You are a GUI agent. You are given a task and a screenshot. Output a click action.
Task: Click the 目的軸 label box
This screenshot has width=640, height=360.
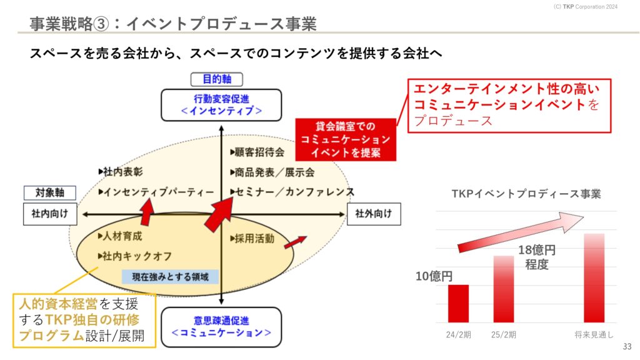click(x=217, y=79)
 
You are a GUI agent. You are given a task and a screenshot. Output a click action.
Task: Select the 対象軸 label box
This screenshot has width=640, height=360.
click(x=50, y=192)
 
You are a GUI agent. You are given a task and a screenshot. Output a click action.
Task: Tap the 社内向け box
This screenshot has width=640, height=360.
click(x=50, y=214)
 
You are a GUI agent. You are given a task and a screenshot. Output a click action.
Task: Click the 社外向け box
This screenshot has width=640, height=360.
click(x=374, y=214)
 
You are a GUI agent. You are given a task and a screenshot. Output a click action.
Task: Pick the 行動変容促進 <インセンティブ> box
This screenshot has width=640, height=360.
click(x=221, y=105)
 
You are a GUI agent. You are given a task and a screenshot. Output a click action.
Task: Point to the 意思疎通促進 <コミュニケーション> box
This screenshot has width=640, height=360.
click(x=221, y=327)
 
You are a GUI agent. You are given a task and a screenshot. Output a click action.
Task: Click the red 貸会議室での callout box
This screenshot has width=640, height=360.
click(x=346, y=139)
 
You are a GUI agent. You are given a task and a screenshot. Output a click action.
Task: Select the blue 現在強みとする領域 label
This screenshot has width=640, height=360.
click(x=170, y=277)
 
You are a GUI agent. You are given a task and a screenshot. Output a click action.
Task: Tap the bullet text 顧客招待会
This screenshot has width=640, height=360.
click(x=257, y=152)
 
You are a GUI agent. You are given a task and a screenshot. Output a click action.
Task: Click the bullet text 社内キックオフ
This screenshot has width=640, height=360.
click(x=135, y=256)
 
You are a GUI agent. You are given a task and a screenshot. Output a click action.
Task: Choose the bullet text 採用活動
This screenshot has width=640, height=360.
click(x=252, y=238)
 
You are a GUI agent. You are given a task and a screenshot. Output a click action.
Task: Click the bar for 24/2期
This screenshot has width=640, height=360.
click(x=458, y=304)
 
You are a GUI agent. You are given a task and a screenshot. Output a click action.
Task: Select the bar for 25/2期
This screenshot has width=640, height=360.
click(x=504, y=289)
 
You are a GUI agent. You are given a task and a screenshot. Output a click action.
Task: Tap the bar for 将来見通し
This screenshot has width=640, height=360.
click(x=594, y=278)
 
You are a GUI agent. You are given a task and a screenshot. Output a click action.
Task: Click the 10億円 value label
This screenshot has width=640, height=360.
click(x=434, y=276)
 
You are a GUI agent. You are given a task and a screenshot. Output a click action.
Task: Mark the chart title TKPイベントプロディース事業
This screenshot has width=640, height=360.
click(x=526, y=194)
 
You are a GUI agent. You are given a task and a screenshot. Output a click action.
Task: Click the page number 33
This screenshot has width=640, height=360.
click(x=627, y=346)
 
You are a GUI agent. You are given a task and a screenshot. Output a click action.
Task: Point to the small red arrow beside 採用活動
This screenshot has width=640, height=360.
click(x=295, y=242)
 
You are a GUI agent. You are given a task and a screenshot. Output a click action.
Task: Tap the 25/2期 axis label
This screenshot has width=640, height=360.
click(x=504, y=335)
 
